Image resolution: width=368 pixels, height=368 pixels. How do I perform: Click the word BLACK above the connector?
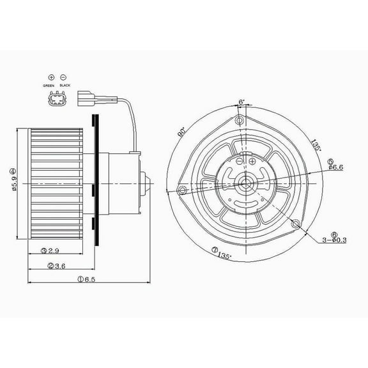click(65, 86)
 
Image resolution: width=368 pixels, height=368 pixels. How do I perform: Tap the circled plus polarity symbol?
click(51, 77)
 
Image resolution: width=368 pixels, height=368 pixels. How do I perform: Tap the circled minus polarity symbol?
click(64, 77)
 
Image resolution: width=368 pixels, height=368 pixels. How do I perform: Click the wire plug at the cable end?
click(89, 99)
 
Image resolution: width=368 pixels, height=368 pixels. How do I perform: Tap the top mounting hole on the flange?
click(239, 121)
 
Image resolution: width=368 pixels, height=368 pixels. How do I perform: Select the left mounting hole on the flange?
click(182, 190)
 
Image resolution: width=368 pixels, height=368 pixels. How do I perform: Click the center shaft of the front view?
click(246, 183)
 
